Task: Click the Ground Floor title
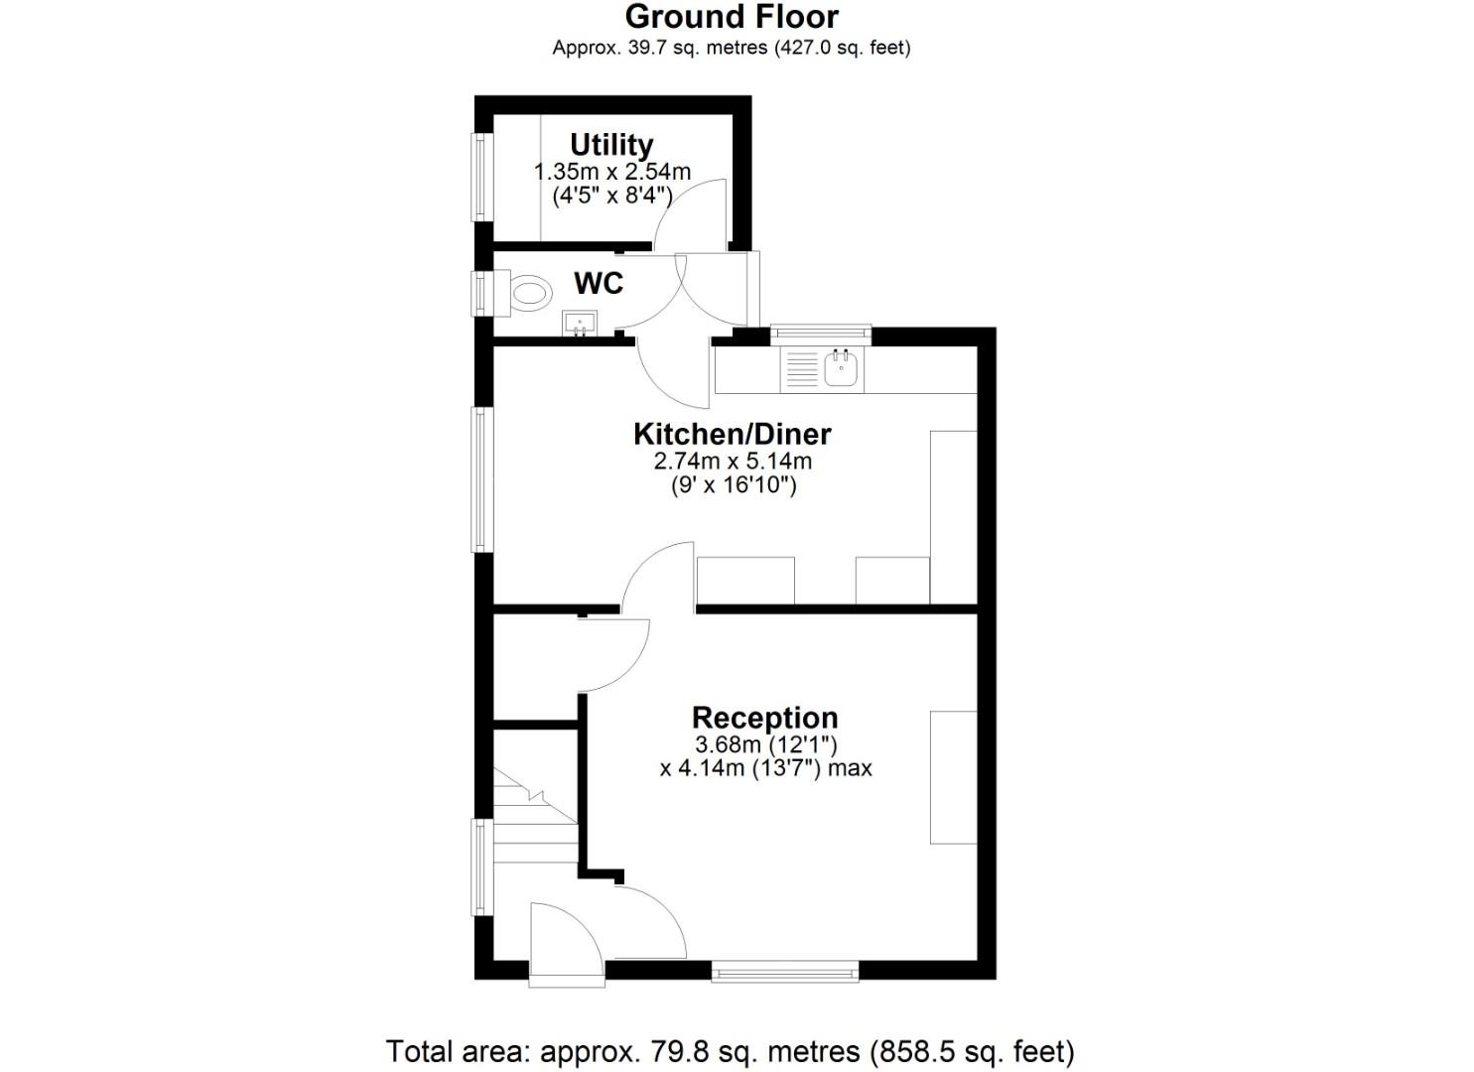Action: [732, 17]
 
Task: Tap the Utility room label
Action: [611, 145]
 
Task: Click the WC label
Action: [599, 284]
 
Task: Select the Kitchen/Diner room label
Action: [733, 434]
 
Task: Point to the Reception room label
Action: [764, 718]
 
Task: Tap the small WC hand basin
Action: [579, 323]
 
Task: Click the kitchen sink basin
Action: [842, 369]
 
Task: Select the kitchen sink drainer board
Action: [801, 369]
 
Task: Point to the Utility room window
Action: [482, 178]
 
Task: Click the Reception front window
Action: [784, 970]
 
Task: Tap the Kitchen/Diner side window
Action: [482, 479]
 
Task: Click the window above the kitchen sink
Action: [821, 335]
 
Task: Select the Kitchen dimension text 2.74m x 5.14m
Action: [733, 462]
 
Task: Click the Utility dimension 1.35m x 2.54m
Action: [612, 172]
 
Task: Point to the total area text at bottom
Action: [730, 1050]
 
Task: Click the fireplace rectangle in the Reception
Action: [953, 777]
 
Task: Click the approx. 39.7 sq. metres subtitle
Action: [732, 47]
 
